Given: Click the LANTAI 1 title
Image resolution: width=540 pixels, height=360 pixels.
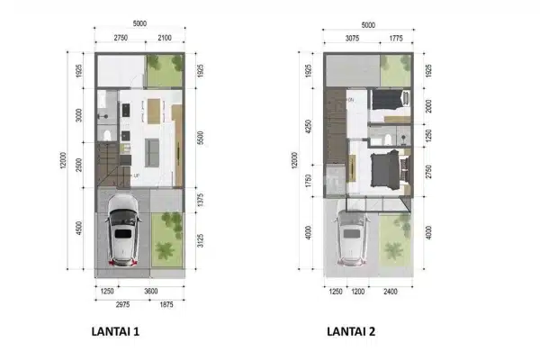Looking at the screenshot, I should pos(115,330).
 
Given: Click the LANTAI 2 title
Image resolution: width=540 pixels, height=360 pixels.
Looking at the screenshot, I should pos(351,330).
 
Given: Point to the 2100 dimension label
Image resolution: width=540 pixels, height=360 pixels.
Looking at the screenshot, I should pos(163,37).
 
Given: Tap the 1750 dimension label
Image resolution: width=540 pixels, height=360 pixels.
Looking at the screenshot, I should pos(308,180).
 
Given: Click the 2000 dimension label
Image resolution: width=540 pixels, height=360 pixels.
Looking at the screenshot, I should pos(428,105).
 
